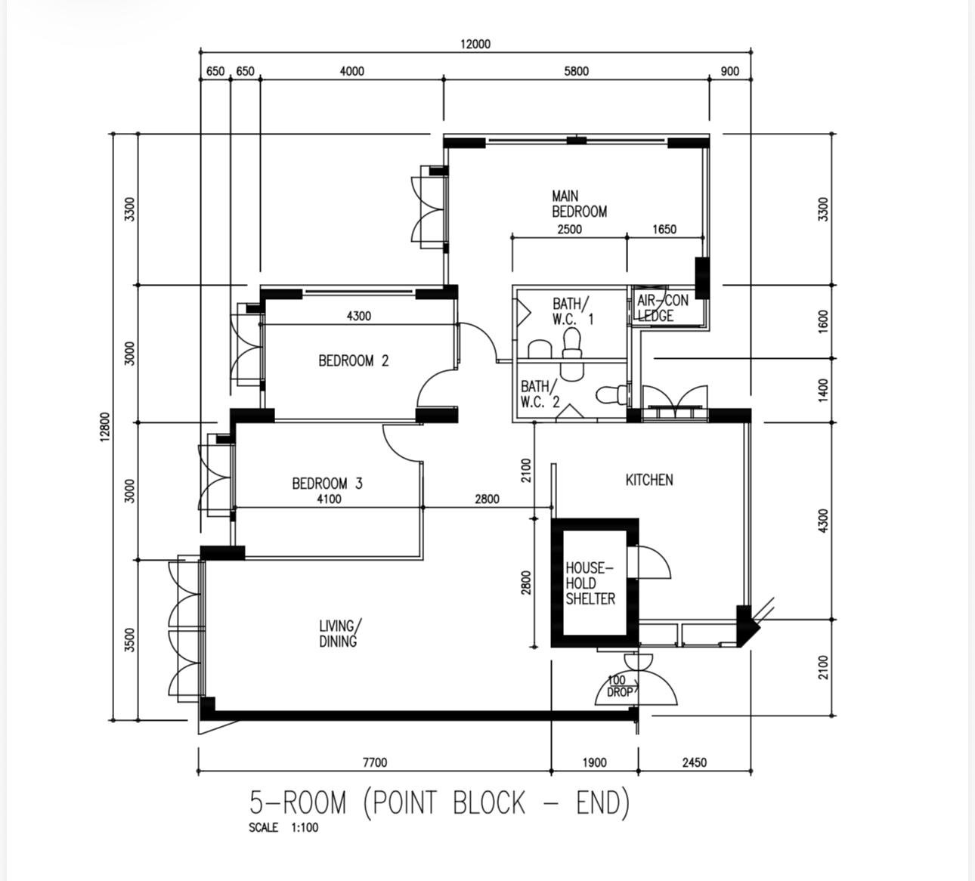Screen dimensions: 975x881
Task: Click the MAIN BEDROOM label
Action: pos(580,204)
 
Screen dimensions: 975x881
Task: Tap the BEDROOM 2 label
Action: pos(354,360)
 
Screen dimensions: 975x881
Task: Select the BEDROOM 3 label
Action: pos(327,484)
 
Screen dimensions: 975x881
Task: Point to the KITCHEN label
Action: pos(649,480)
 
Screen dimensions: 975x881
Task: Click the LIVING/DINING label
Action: pos(340,634)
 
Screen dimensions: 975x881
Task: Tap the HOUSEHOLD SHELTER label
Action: pos(590,583)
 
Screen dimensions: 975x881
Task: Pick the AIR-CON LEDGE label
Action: pos(663,308)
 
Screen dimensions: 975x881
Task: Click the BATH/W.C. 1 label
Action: pos(573,311)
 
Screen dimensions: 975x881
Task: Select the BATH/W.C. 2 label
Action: pos(540,394)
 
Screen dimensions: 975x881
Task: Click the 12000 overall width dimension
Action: pos(475,45)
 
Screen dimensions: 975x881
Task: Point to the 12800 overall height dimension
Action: pos(105,427)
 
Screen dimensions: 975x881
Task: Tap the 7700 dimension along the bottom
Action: pos(375,762)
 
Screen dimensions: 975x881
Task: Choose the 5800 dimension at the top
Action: pos(576,72)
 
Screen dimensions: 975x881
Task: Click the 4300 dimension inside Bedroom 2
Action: pos(359,317)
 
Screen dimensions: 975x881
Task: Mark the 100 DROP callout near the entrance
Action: pos(621,686)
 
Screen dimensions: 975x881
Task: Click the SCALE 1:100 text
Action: pos(283,827)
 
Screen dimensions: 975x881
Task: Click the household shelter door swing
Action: pos(655,562)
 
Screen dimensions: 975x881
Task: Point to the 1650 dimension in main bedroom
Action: pos(664,229)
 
